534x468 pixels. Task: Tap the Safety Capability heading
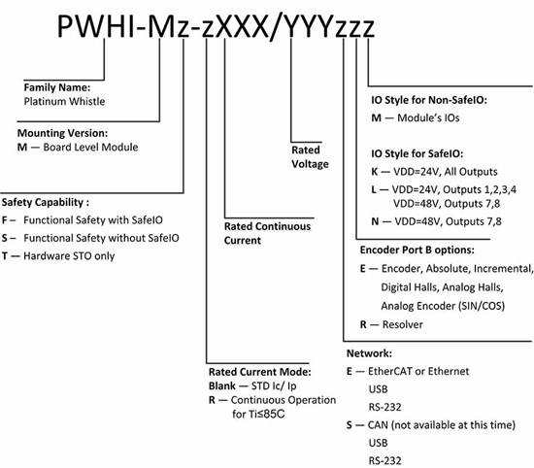pyautogui.click(x=46, y=203)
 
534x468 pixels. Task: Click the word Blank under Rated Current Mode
pyautogui.click(x=225, y=385)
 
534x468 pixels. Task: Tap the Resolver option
pyautogui.click(x=392, y=325)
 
